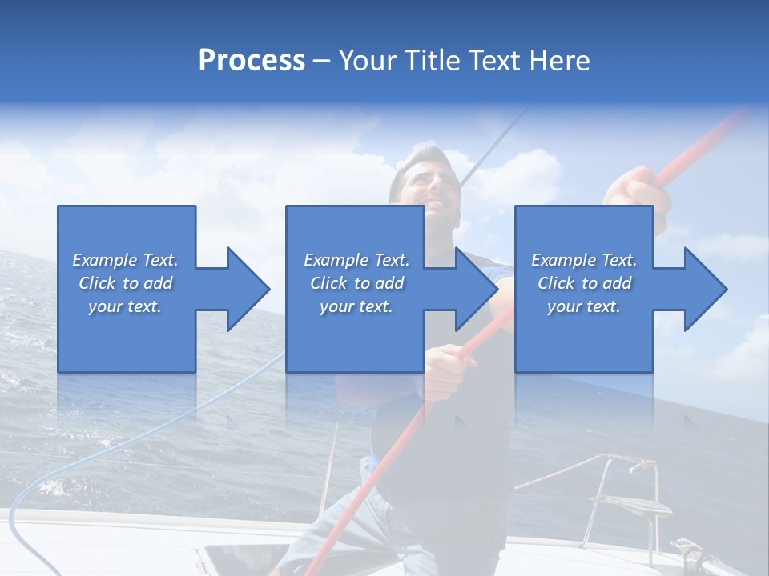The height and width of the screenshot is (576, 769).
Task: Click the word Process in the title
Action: [x=252, y=61]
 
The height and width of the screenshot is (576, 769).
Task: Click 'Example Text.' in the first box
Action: [x=126, y=260]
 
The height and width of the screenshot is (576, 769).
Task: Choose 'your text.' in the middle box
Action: [x=356, y=306]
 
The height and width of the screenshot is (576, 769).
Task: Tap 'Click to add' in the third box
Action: [x=584, y=283]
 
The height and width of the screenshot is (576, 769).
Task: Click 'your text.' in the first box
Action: [x=125, y=306]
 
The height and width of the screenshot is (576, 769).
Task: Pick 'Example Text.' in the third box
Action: [x=584, y=260]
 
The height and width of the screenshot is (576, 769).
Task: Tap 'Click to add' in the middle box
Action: [x=356, y=283]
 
